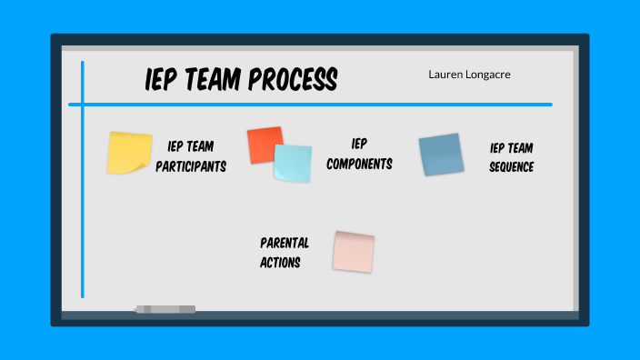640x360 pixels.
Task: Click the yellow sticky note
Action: [129, 153]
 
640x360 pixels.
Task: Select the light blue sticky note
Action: [293, 164]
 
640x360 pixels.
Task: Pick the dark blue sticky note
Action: [441, 155]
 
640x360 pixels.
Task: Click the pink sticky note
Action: [353, 251]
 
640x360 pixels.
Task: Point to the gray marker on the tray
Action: [165, 309]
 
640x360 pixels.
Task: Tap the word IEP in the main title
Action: [161, 80]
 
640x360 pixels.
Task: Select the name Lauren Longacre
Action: [469, 75]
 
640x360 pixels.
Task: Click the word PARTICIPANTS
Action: [190, 166]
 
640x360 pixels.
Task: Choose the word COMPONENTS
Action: [359, 165]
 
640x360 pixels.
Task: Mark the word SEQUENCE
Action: [511, 166]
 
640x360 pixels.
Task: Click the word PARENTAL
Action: [285, 243]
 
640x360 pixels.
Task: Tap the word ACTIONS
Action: [280, 263]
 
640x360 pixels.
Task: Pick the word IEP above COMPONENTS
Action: [359, 144]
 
